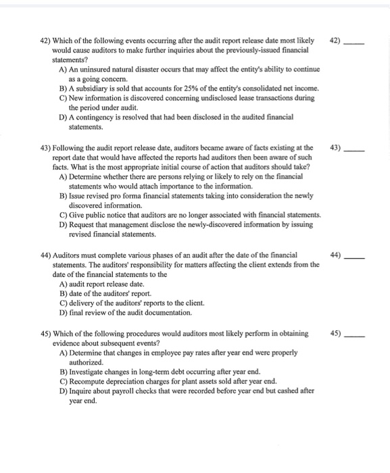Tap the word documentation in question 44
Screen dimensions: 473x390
167,313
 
